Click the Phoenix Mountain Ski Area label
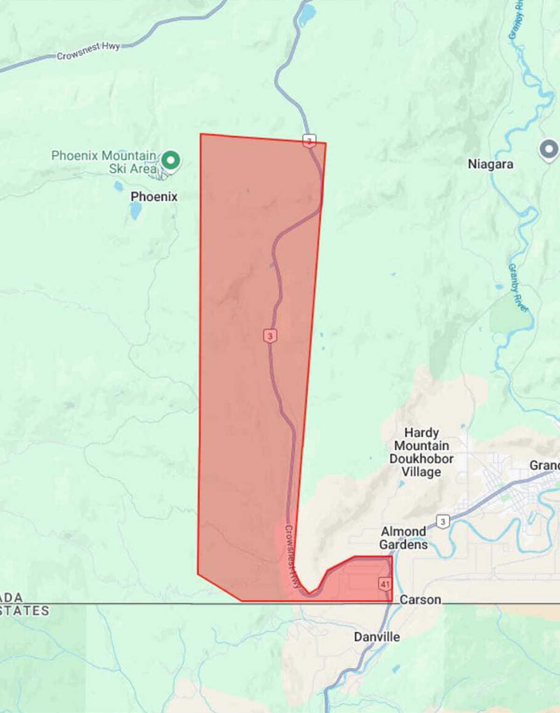104,162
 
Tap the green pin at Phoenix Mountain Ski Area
171,160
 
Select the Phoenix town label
154,197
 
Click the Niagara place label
490,164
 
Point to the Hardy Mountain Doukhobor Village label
421,452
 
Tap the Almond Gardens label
403,538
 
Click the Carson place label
420,599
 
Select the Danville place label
377,637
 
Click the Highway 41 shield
385,584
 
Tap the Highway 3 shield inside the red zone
270,336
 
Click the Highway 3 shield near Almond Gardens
443,521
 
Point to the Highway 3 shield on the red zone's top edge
309,140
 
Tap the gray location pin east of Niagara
549,150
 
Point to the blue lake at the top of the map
307,16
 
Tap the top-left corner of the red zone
201,134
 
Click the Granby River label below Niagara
518,288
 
